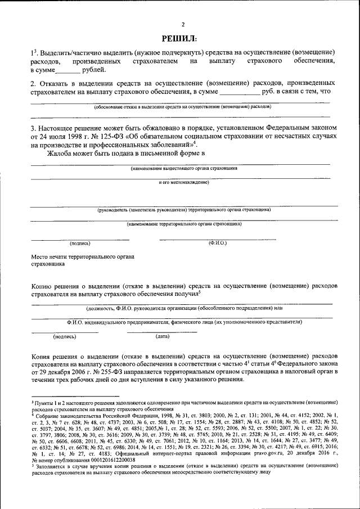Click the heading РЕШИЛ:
179,38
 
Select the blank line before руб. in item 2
239,91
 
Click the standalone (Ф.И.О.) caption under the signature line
217,243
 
